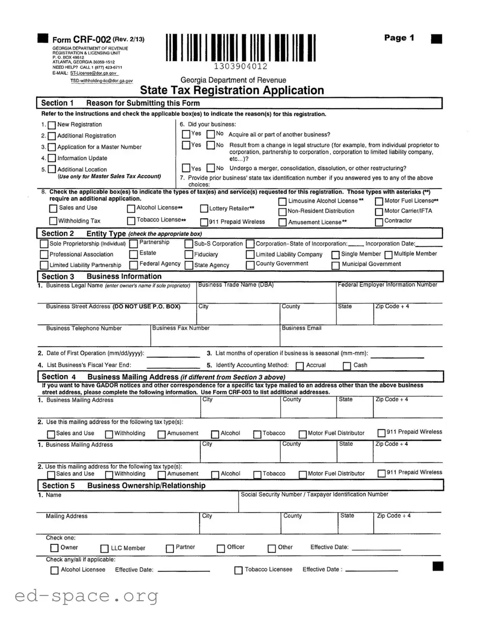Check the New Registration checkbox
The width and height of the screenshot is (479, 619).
tap(52, 125)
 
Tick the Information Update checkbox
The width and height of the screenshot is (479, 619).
tap(52, 159)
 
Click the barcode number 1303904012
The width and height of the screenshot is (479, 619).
tap(240, 67)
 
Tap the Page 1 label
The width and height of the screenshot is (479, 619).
tap(399, 38)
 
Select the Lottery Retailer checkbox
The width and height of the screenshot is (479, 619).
tap(204, 209)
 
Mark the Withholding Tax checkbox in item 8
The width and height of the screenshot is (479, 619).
tap(53, 221)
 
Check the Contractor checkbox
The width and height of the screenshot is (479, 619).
tap(379, 221)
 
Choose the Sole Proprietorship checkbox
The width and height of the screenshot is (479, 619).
tap(44, 244)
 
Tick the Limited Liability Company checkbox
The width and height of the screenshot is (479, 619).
tap(250, 255)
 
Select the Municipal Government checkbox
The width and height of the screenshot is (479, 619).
tap(336, 265)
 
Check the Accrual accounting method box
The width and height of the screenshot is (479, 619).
tap(300, 366)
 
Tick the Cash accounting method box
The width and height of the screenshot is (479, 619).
tap(347, 366)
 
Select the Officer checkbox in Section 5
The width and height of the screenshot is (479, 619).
tap(221, 549)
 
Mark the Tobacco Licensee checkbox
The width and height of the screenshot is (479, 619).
tap(238, 571)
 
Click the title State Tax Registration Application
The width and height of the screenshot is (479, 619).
tap(232, 90)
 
